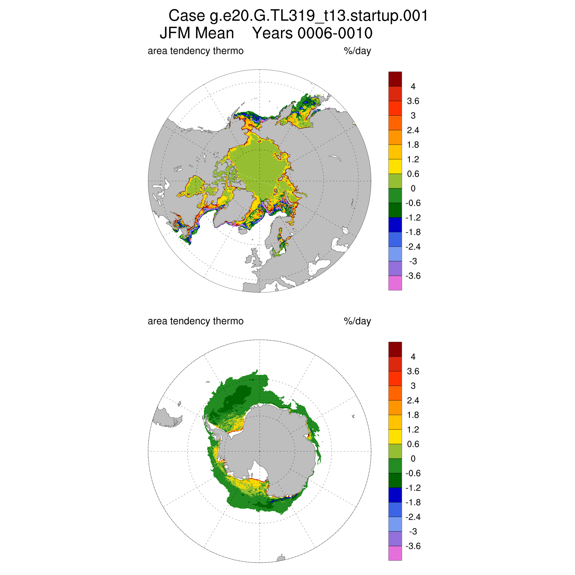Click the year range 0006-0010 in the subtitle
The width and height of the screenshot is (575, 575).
click(335, 33)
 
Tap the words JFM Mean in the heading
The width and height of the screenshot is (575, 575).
click(197, 33)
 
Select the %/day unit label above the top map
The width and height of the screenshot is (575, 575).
click(357, 51)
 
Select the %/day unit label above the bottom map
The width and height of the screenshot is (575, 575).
click(357, 321)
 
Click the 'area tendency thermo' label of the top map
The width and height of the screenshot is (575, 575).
click(195, 51)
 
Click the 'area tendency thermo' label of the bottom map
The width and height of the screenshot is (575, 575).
click(195, 321)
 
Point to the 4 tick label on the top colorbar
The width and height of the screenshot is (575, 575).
click(413, 87)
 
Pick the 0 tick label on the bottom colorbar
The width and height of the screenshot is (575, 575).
click(413, 459)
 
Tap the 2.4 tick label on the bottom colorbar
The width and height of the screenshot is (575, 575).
click(413, 401)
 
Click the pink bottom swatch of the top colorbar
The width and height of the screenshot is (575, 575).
click(395, 283)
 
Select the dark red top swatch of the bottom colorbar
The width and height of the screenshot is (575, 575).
click(395, 349)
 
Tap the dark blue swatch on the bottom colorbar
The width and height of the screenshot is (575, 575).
click(395, 495)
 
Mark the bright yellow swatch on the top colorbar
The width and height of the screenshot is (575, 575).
click(395, 166)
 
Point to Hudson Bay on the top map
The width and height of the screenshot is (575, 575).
click(195, 186)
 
